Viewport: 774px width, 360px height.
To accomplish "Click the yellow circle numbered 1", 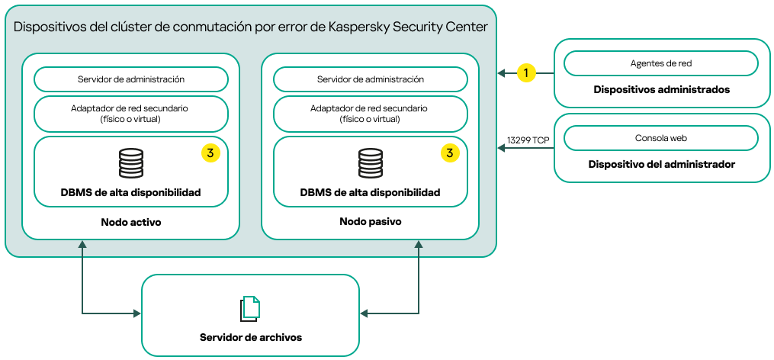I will [525, 73].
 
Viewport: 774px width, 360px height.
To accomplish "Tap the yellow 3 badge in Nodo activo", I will [210, 153].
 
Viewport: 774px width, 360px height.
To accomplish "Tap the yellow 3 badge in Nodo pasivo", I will [450, 153].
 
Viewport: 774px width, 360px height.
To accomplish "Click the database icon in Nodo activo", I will [130, 163].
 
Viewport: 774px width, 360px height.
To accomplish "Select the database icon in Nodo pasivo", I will [370, 163].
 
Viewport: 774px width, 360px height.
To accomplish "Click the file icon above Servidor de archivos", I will [250, 308].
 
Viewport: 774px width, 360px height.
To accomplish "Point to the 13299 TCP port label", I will [528, 140].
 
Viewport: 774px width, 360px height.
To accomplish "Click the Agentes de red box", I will [660, 63].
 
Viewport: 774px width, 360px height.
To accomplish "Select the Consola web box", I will [660, 138].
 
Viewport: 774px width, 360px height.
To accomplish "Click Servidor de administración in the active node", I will [130, 79].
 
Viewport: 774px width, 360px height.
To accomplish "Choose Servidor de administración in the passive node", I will [370, 79].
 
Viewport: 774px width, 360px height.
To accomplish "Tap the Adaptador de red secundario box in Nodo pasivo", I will [370, 114].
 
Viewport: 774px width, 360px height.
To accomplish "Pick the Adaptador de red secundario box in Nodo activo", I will [130, 114].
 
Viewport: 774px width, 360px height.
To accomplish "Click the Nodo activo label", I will [130, 222].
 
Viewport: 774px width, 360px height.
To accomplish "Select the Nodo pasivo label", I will [370, 222].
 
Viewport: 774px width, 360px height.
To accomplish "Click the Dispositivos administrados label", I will [661, 89].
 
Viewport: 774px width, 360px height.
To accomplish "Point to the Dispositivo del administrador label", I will [661, 164].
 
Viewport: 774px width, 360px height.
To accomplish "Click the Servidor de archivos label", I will [250, 337].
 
